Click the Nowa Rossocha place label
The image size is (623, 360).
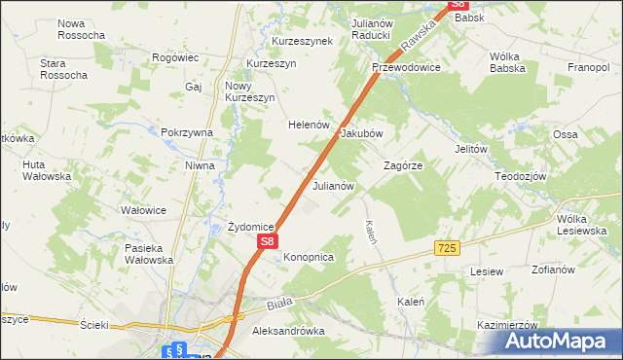81,29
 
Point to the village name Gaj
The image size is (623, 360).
192,87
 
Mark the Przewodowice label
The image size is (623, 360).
406,68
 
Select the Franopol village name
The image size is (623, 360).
588,68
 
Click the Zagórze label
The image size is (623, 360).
403,166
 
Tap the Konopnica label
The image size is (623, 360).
310,257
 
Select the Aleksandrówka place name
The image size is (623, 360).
288,332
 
